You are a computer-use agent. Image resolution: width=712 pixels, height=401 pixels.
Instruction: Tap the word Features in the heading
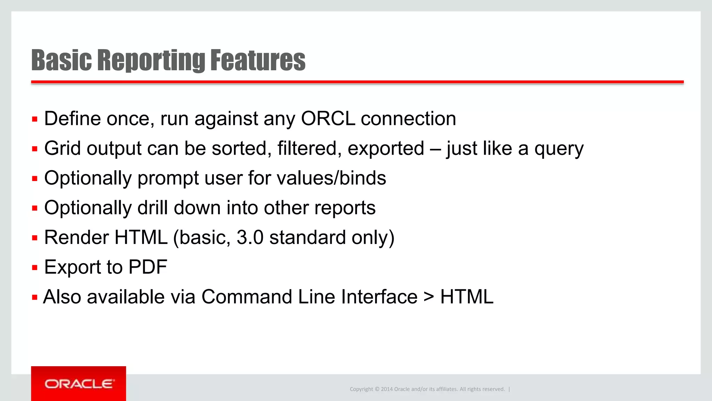(x=258, y=60)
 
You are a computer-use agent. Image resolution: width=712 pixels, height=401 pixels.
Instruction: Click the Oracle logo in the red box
(x=79, y=384)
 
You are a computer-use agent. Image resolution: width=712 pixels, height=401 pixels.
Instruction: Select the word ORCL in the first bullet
(x=328, y=119)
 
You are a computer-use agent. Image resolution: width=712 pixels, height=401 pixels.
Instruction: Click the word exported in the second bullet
(x=386, y=149)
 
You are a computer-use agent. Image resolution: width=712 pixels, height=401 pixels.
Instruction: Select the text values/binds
(x=331, y=178)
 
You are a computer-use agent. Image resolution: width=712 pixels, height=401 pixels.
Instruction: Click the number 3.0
(x=250, y=238)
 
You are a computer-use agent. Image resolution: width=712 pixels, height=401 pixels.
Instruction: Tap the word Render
(x=76, y=238)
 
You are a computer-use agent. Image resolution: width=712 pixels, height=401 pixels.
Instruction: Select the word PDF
(x=148, y=267)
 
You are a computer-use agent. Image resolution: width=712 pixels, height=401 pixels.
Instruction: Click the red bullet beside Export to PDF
(x=34, y=268)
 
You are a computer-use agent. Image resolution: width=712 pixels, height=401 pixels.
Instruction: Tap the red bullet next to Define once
(x=34, y=119)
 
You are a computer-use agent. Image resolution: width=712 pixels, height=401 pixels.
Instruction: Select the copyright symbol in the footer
(x=377, y=389)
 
